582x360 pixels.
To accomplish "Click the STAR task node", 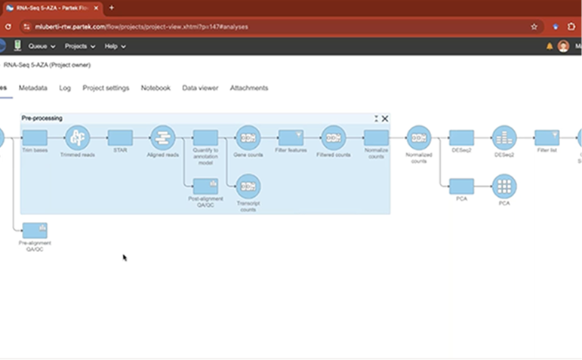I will [120, 138].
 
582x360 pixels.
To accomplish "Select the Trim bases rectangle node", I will [35, 138].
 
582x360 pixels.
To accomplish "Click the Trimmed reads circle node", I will [77, 138].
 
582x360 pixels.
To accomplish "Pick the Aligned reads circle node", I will [162, 138].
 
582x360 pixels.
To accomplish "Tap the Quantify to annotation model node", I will [205, 138].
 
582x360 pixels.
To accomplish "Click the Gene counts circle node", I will [248, 138].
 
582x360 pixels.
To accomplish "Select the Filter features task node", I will [291, 138].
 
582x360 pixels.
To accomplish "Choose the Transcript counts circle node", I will [248, 186].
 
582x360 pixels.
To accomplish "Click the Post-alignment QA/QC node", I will [205, 186].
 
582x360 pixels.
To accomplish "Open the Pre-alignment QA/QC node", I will [35, 230].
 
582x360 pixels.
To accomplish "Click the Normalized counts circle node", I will [418, 138].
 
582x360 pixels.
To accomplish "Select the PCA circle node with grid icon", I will [503, 186].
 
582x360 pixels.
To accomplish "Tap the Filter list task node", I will [547, 138].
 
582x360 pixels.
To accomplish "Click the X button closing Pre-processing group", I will [385, 118].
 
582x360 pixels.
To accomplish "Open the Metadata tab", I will [32, 88].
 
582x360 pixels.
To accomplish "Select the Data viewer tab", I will [200, 88].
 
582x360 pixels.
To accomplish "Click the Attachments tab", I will [248, 88].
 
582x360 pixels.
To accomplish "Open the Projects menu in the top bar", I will [79, 46].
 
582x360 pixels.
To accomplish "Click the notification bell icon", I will [550, 47].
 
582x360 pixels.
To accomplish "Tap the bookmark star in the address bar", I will [534, 26].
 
